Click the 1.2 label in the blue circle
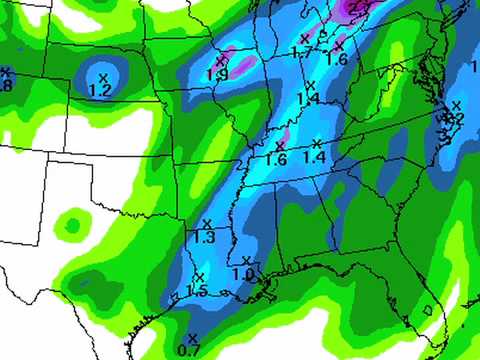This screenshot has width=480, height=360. (100, 90)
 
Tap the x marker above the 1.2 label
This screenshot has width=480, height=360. (104, 75)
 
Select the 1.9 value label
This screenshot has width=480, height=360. (217, 74)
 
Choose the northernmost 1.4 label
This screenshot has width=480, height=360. (307, 98)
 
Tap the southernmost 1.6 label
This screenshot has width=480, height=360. (276, 159)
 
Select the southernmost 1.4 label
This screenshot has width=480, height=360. (314, 157)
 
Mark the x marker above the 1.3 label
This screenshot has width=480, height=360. (207, 223)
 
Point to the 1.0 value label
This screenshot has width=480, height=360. (243, 274)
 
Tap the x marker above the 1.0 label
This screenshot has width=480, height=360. (246, 260)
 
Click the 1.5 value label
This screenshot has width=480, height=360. (197, 291)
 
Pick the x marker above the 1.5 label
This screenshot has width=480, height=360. (199, 276)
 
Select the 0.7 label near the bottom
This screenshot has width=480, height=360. (188, 349)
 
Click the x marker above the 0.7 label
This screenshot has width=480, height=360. (191, 336)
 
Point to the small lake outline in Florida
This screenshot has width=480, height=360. (428, 310)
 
